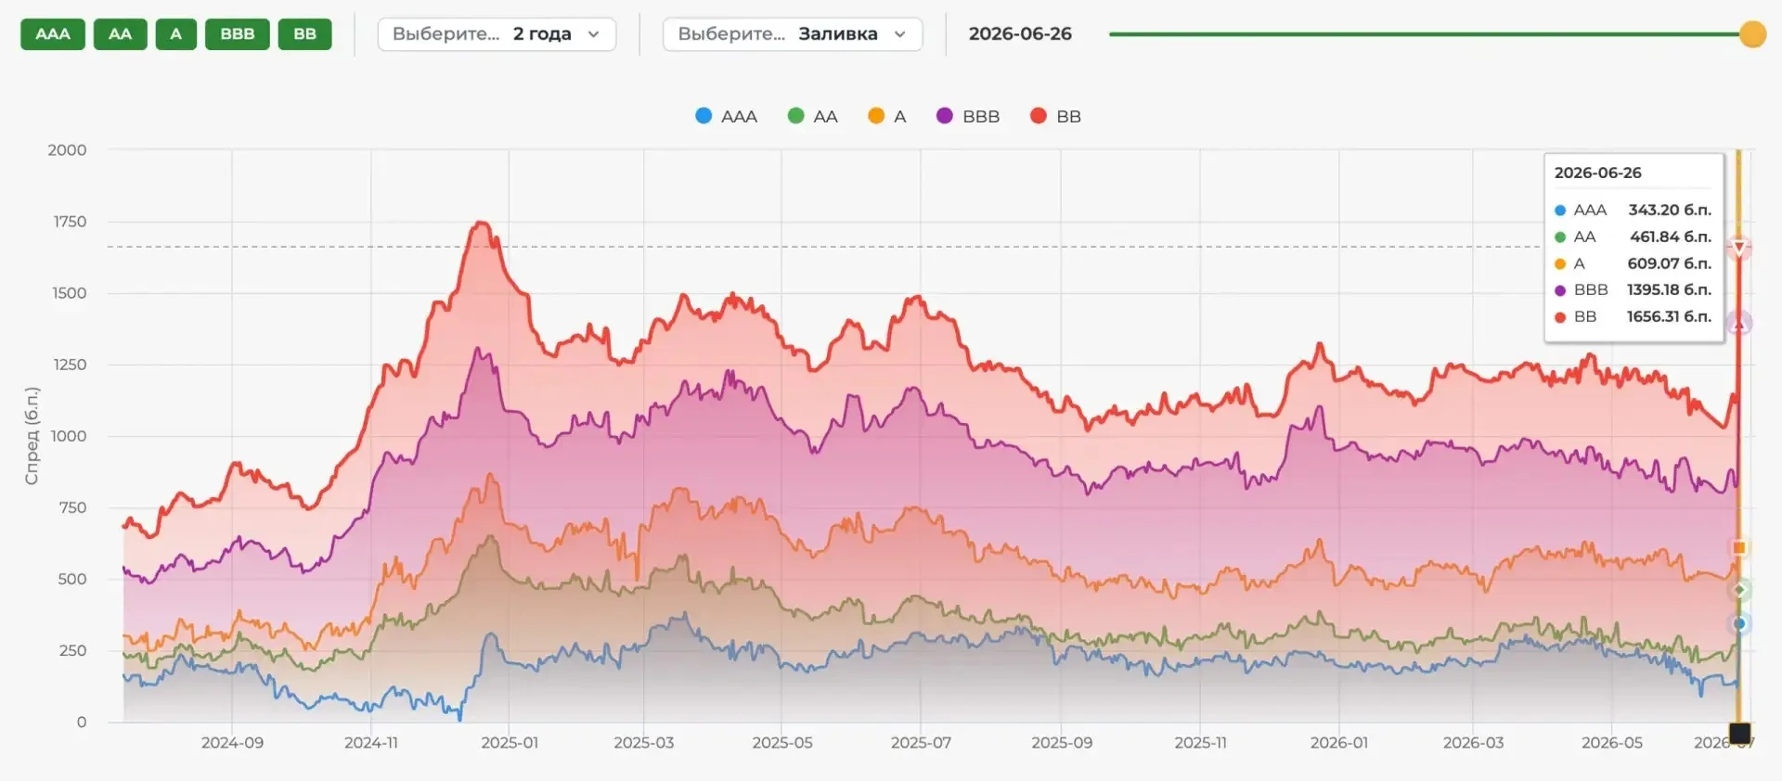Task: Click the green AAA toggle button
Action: (53, 34)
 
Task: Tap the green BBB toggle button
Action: (238, 34)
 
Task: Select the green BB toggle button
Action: (304, 34)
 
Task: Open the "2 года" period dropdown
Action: (497, 34)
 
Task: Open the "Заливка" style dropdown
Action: (793, 34)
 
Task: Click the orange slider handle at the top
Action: (1752, 34)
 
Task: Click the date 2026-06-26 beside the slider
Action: (1020, 34)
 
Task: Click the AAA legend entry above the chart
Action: (727, 116)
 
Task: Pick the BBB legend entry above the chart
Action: (968, 116)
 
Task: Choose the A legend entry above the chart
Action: (887, 116)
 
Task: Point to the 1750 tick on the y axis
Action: (70, 222)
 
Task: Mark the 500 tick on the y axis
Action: (72, 579)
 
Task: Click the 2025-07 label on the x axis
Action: (921, 743)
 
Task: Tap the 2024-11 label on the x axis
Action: (371, 743)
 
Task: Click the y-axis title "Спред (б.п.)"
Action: (32, 436)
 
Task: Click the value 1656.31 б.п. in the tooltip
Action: (1669, 316)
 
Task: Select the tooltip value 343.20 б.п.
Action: (1670, 210)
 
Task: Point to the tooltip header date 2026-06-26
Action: (1597, 173)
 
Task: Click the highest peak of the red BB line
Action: (481, 223)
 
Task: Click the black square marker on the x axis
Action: (1739, 734)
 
